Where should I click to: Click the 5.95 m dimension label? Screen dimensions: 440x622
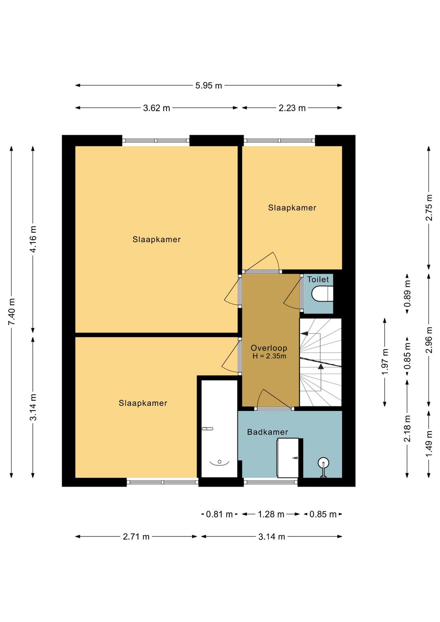tap(209, 86)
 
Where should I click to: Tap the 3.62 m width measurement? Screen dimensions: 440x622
tap(156, 108)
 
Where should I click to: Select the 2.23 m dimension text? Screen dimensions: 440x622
tap(292, 108)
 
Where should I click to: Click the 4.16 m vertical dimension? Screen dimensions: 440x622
tap(33, 239)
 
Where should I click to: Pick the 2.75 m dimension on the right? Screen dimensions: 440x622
tap(429, 208)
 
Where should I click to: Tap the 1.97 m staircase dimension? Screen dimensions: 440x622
tap(385, 362)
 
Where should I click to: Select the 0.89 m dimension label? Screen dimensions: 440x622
tap(407, 293)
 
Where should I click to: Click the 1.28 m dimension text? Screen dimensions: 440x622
tap(271, 514)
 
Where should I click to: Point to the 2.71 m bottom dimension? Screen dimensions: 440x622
tap(136, 537)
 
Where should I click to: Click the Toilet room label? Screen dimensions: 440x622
tap(318, 279)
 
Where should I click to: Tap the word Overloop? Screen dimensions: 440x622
tap(269, 348)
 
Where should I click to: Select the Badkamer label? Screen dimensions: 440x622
tap(268, 432)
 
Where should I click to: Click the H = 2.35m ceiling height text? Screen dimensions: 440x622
tap(269, 356)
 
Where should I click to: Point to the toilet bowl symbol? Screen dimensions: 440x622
tap(322, 293)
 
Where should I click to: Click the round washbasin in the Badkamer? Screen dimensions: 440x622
tap(323, 463)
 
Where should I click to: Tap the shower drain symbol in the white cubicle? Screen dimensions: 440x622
tap(219, 462)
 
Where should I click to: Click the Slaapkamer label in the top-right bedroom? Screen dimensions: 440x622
tap(292, 208)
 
